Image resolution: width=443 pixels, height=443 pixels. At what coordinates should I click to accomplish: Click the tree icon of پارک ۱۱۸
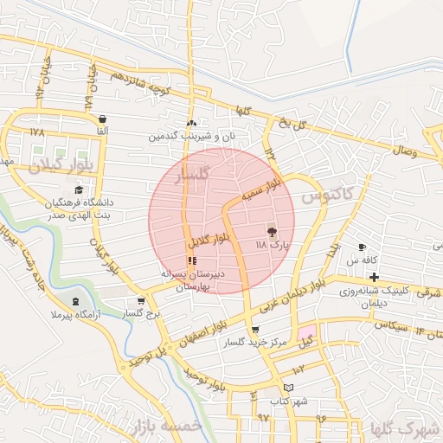[272, 232]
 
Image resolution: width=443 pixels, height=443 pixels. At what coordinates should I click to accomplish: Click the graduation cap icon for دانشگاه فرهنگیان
[80, 190]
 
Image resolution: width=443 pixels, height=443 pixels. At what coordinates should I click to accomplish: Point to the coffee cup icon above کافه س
[362, 247]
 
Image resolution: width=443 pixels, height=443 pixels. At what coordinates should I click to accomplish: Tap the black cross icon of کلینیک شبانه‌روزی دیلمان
[374, 277]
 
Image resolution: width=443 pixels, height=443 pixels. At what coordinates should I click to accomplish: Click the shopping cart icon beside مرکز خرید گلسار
[254, 330]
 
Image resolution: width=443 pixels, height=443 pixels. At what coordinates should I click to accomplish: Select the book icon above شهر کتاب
[289, 388]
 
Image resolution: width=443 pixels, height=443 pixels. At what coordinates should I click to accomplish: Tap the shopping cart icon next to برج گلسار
[141, 302]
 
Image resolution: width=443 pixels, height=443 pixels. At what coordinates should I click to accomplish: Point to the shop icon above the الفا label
[103, 119]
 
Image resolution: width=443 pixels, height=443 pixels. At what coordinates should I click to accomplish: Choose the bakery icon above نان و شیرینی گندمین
[191, 123]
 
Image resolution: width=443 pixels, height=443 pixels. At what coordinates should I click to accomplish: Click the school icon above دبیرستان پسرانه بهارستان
[192, 260]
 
